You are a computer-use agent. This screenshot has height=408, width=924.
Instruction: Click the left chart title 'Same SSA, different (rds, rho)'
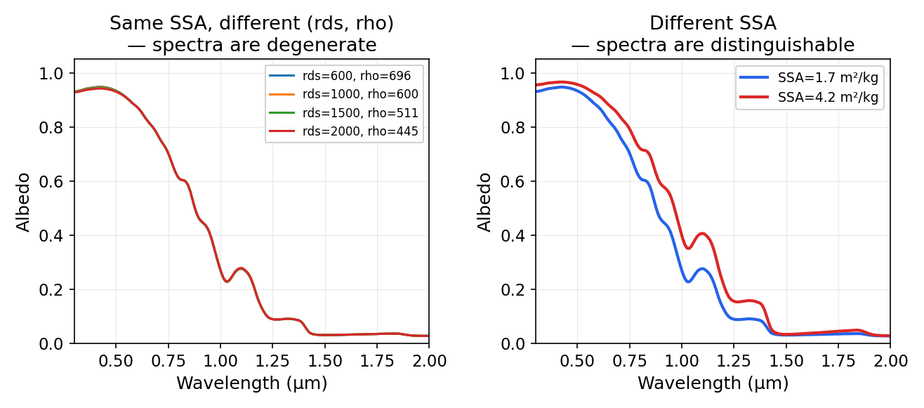click(251, 23)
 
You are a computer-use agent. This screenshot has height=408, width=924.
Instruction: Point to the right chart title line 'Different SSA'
click(713, 23)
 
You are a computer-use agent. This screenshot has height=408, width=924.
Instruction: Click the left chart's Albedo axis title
click(24, 202)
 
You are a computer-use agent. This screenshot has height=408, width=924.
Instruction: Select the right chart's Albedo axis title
click(485, 202)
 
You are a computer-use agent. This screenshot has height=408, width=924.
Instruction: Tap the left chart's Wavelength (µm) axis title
click(251, 383)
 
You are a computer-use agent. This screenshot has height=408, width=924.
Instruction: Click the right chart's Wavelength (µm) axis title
click(713, 383)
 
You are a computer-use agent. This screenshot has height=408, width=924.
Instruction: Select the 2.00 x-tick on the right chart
click(890, 360)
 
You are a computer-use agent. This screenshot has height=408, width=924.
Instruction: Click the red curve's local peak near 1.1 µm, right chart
click(702, 233)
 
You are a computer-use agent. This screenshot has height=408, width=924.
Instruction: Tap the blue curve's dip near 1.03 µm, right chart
click(688, 282)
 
